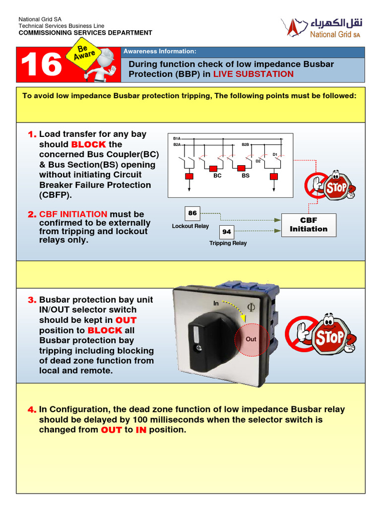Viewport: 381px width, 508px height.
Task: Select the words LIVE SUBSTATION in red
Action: [x=254, y=74]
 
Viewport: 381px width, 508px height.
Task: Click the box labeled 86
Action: [x=192, y=213]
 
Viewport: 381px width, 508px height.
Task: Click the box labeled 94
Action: [x=227, y=232]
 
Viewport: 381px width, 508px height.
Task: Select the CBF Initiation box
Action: [x=309, y=225]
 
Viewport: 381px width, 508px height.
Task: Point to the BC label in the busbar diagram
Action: [x=217, y=176]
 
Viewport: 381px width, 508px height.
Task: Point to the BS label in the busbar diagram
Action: [x=246, y=176]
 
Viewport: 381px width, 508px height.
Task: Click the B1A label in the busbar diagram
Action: [x=177, y=138]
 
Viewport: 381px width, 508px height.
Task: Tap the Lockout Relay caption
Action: [x=190, y=226]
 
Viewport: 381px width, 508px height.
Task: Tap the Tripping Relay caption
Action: [x=228, y=244]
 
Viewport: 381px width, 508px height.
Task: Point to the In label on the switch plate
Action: [x=216, y=303]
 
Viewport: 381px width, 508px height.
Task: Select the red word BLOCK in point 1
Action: [x=88, y=144]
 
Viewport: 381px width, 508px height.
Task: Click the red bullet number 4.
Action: [x=32, y=410]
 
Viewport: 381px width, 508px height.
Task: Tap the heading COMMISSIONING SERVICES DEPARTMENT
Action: [x=85, y=33]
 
